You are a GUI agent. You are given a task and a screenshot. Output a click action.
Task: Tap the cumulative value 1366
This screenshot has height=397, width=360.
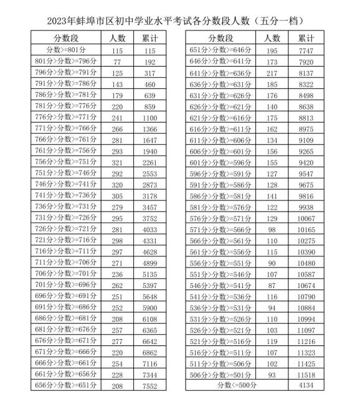click(x=149, y=128)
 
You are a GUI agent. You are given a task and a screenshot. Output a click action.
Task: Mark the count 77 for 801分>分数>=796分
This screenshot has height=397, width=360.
click(x=117, y=62)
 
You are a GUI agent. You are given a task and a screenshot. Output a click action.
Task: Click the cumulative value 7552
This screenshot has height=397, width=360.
click(x=149, y=385)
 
